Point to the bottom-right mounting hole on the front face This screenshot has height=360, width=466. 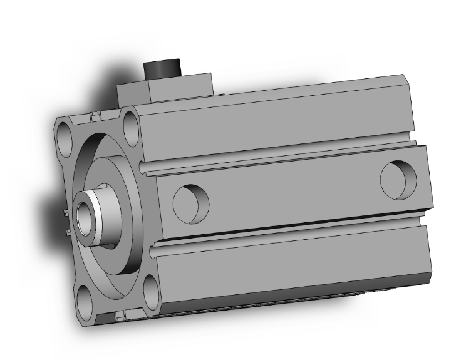[152, 289]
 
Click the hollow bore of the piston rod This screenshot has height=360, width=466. [83, 215]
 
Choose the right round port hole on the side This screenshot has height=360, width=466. [398, 180]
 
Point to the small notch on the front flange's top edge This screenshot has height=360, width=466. [95, 117]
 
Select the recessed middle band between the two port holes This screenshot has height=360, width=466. [294, 191]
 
